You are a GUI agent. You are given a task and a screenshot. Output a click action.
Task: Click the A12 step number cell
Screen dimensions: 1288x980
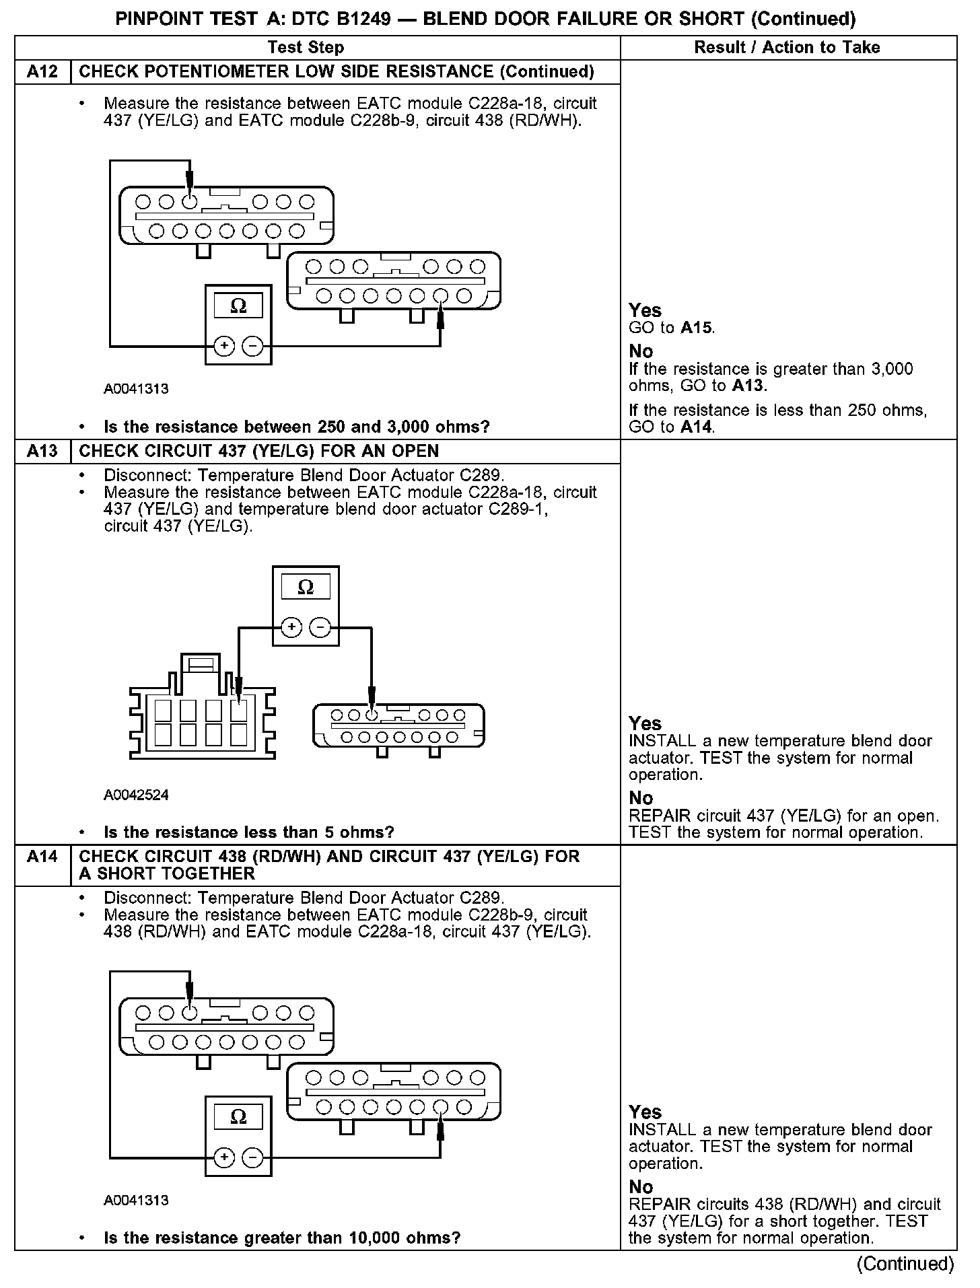pos(42,72)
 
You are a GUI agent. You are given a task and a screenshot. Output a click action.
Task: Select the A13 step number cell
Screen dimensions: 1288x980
pos(42,451)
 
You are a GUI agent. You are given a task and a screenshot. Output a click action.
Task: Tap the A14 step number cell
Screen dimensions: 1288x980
pos(42,857)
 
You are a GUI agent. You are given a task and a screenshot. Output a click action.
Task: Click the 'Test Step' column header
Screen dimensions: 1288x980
pos(306,47)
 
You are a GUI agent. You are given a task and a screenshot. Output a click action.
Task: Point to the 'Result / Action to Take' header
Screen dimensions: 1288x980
pos(787,47)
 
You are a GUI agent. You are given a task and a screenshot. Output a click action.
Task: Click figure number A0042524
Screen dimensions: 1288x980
pos(136,795)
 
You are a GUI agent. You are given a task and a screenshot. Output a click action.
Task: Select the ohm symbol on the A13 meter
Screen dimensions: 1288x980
pos(306,587)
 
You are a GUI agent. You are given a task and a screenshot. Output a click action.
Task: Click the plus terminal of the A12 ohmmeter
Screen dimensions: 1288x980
pos(224,347)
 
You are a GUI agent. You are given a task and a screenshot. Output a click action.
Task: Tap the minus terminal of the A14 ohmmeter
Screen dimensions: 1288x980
pos(252,1157)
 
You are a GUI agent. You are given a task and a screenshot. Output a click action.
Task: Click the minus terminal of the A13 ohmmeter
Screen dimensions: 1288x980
pos(320,628)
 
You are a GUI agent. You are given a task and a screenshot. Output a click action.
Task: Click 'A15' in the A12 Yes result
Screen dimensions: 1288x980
pos(696,328)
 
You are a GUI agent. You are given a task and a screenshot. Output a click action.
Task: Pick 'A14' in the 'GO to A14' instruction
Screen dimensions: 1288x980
pos(696,427)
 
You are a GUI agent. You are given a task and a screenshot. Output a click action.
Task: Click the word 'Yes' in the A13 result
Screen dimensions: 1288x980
pos(645,723)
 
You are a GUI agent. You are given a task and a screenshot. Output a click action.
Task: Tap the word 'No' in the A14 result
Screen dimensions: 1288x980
pos(641,1187)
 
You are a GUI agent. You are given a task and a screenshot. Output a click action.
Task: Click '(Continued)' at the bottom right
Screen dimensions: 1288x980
pos(905,1264)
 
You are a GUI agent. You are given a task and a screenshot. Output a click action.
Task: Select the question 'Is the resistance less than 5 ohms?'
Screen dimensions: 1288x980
pos(248,832)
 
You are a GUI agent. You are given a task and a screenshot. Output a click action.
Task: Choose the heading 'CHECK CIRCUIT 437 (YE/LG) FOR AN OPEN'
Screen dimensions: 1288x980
pos(258,451)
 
